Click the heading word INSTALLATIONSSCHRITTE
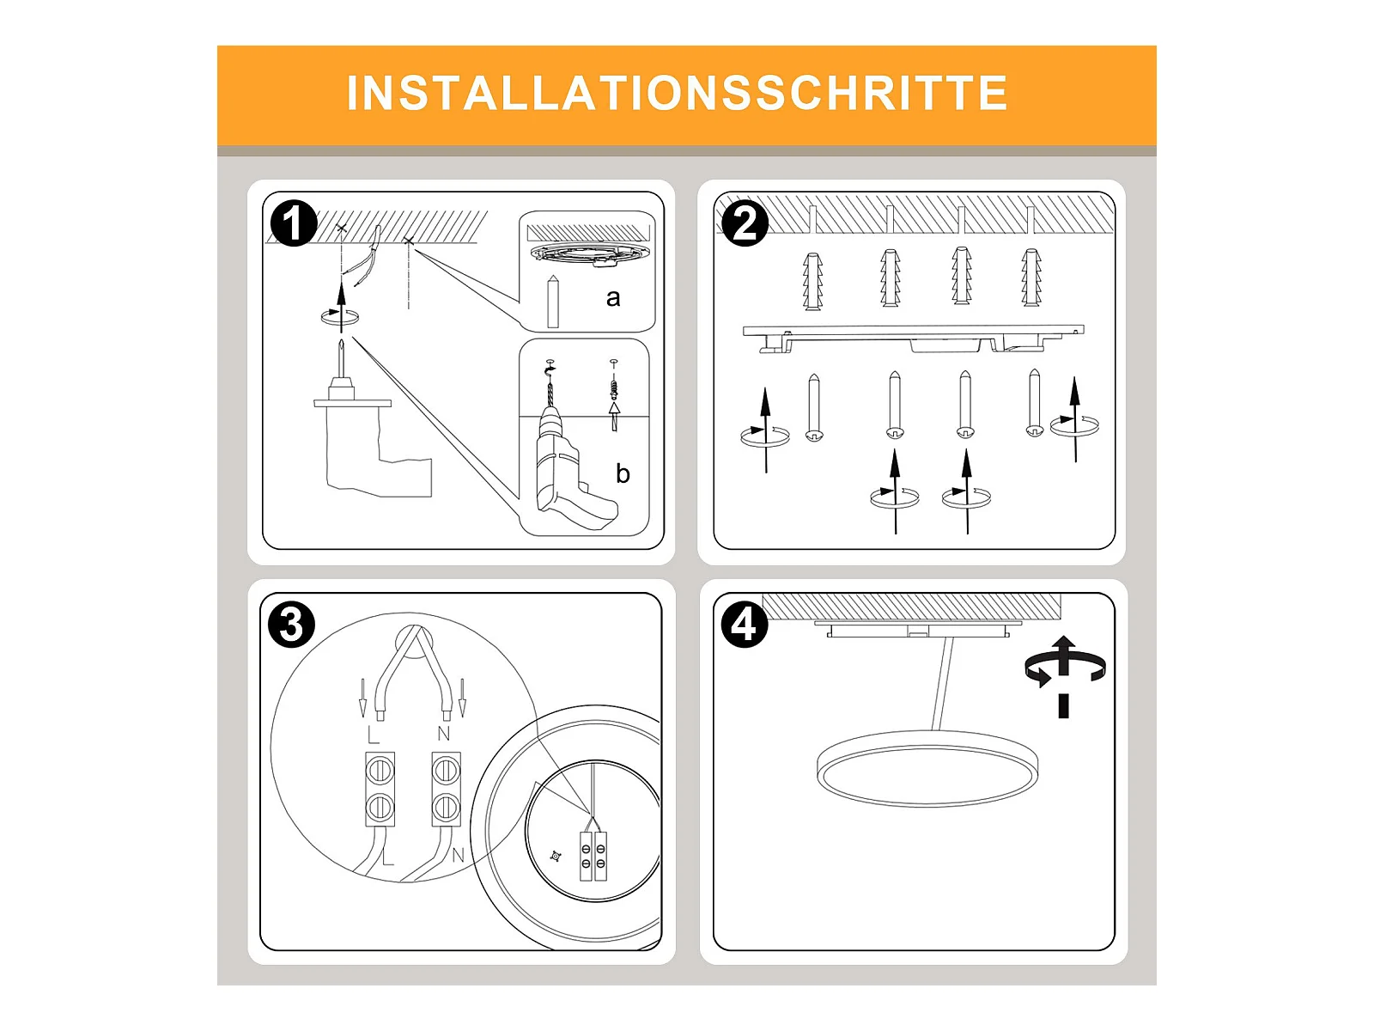click(677, 94)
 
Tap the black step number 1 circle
click(294, 223)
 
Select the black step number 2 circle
click(745, 223)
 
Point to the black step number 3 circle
click(291, 624)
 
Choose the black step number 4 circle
click(745, 624)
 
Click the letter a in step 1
click(613, 298)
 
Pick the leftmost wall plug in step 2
click(812, 281)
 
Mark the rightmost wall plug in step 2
click(1031, 278)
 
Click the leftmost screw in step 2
click(814, 408)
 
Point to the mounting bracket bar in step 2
click(914, 338)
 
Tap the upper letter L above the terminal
click(373, 735)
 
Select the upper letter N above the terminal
click(444, 733)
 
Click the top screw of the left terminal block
click(380, 770)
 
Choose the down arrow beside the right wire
click(462, 698)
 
